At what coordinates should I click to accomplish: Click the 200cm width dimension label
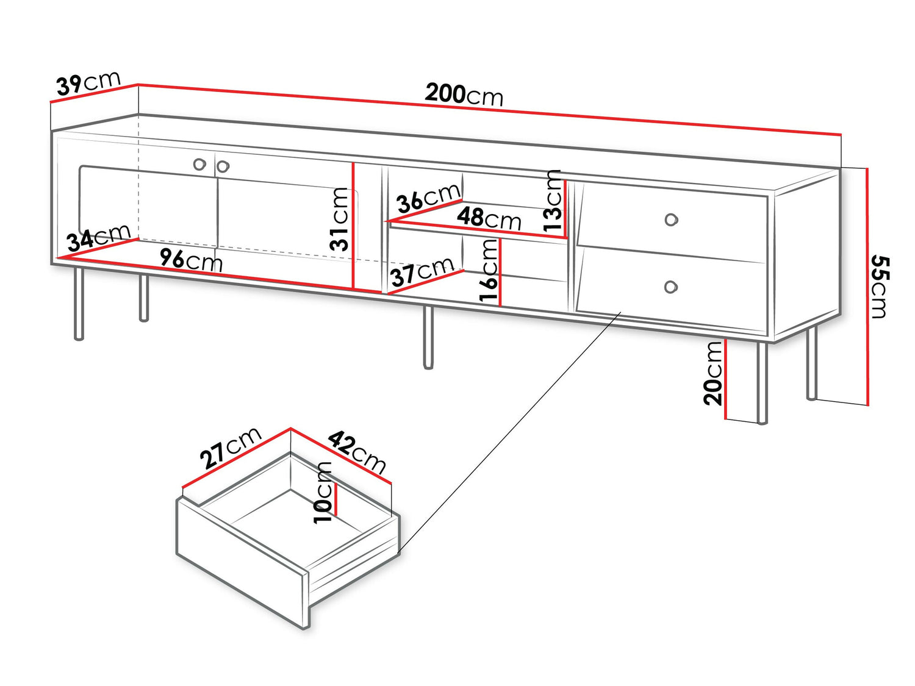464,95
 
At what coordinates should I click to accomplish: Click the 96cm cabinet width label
191,260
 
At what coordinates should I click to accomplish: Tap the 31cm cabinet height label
339,219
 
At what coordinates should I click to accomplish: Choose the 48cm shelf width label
489,218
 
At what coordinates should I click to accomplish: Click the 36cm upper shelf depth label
428,199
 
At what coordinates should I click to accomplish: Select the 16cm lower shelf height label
489,270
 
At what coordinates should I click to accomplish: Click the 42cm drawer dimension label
357,452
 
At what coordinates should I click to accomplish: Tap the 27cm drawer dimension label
231,448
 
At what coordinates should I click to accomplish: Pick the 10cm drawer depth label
323,492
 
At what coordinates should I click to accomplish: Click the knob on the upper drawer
671,220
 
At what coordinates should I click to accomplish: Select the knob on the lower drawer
670,287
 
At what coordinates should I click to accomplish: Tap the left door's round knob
199,164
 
